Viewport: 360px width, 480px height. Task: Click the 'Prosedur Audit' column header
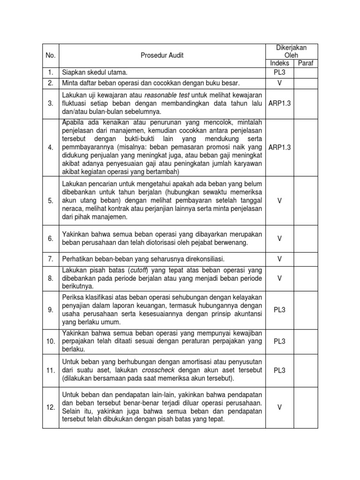coord(162,55)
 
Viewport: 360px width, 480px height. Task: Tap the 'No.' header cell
coord(51,55)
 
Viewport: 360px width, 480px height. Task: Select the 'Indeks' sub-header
coord(279,63)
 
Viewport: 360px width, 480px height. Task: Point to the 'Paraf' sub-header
coord(306,63)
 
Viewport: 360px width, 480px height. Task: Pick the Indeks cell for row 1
coord(279,73)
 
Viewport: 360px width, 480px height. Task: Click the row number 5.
coord(51,201)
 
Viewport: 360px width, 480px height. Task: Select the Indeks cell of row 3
coord(279,103)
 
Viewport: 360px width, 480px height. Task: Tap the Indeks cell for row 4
coord(279,147)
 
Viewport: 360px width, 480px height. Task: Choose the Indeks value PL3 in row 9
coord(279,310)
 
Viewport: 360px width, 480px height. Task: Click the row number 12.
coord(51,407)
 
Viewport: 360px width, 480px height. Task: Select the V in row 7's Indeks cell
coord(279,258)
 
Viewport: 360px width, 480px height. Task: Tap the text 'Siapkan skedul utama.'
coord(95,73)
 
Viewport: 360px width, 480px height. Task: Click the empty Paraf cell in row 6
coord(306,238)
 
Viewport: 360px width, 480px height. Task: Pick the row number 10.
coord(51,341)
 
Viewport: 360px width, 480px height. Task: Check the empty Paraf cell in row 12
coord(306,407)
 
